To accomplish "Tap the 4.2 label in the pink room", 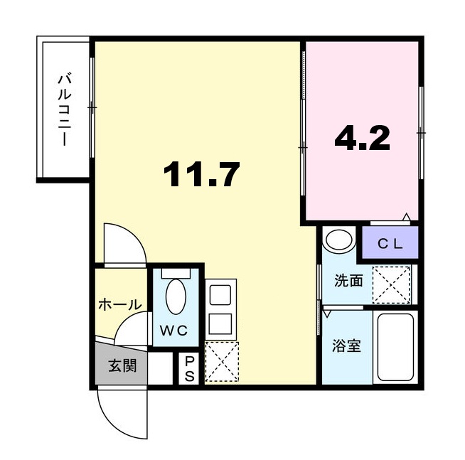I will pyautogui.click(x=362, y=139).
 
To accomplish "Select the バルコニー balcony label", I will pyautogui.click(x=64, y=109).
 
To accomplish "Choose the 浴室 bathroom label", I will pyautogui.click(x=348, y=346).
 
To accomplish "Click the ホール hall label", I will pyautogui.click(x=119, y=304).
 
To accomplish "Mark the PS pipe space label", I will pyautogui.click(x=190, y=369).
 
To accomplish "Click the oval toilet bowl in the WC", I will pyautogui.click(x=175, y=298).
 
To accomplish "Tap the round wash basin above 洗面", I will pyautogui.click(x=340, y=240).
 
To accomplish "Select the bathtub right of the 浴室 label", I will pyautogui.click(x=395, y=348).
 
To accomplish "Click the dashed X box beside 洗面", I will pyautogui.click(x=392, y=284).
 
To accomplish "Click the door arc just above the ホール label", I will pyautogui.click(x=124, y=245).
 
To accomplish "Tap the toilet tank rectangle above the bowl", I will pyautogui.click(x=175, y=274).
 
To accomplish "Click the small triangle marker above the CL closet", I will pyautogui.click(x=406, y=216).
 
